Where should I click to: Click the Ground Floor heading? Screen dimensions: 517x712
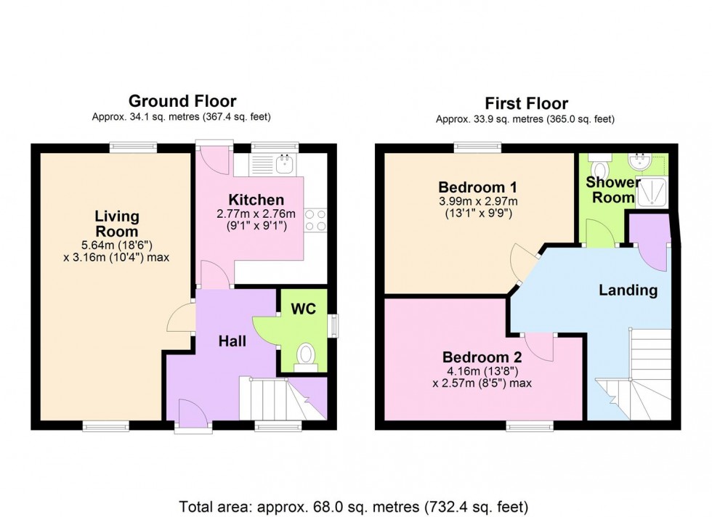point(182,101)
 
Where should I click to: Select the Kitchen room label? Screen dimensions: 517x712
point(256,200)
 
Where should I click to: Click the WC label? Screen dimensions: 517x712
point(303,309)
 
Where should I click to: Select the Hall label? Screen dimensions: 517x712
point(232,341)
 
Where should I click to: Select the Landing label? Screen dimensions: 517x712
point(628,290)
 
